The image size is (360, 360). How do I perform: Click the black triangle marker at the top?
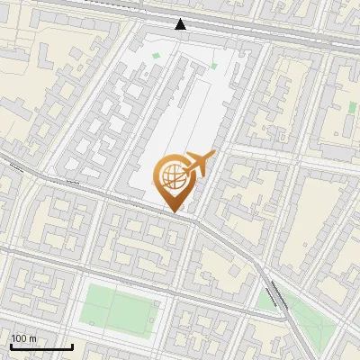pos(181,24)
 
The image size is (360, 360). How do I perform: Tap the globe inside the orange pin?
pos(172,174)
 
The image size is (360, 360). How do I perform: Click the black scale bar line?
pos(41,346)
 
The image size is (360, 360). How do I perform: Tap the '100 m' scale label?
pos(24,338)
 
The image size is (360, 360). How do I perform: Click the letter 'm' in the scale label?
pos(33,338)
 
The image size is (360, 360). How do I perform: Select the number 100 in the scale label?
pos(19,338)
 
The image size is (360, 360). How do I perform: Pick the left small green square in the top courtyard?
pos(156,57)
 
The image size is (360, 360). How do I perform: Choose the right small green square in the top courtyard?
pos(213,65)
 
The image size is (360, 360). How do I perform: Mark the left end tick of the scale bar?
pos(10,344)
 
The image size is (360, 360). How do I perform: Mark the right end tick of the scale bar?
pos(72,344)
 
